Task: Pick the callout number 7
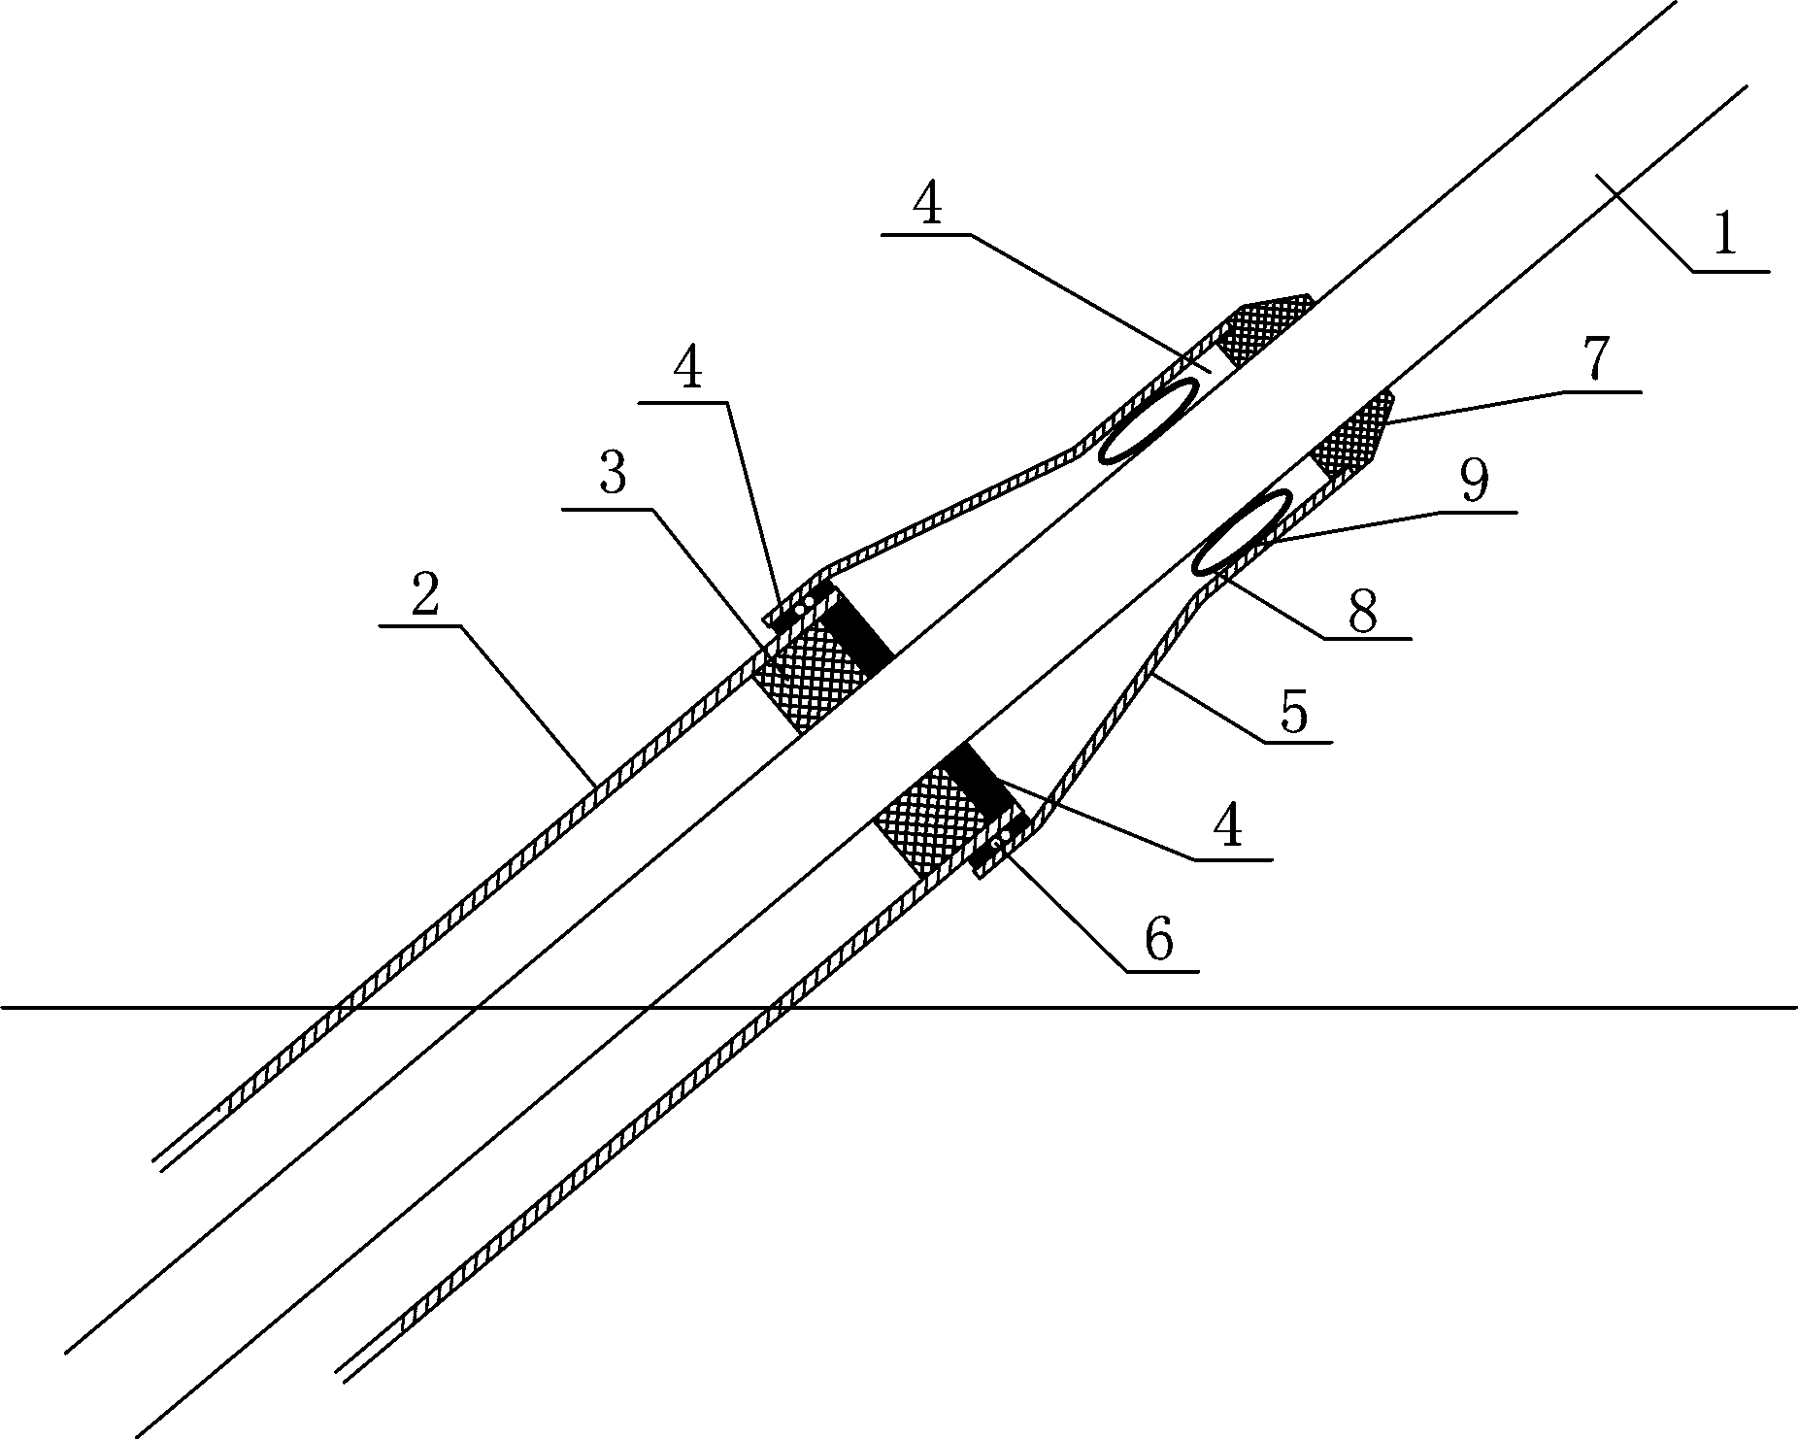tap(1597, 361)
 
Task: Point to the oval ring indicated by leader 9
tap(1243, 532)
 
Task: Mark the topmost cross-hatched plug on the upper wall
tap(1264, 328)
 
